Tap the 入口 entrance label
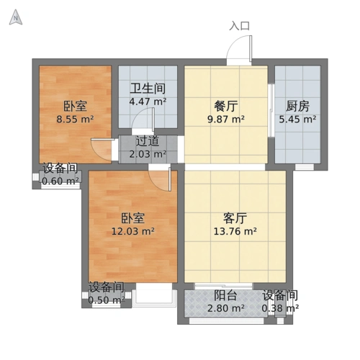click(240, 26)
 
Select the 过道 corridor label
click(148, 141)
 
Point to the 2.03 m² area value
click(148, 153)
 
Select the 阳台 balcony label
click(226, 296)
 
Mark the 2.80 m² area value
click(226, 309)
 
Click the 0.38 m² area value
click(280, 309)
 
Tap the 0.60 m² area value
click(60, 181)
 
